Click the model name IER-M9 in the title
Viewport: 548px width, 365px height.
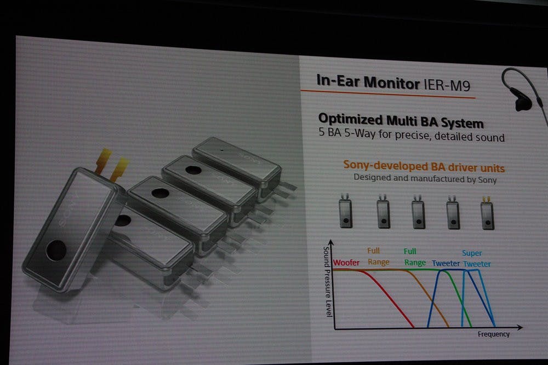(447, 85)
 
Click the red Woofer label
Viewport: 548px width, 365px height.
(346, 263)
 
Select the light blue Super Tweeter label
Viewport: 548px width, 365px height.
(477, 259)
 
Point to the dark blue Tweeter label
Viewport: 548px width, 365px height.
(446, 263)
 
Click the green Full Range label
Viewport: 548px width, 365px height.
(415, 257)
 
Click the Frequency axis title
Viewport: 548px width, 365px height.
(494, 334)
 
